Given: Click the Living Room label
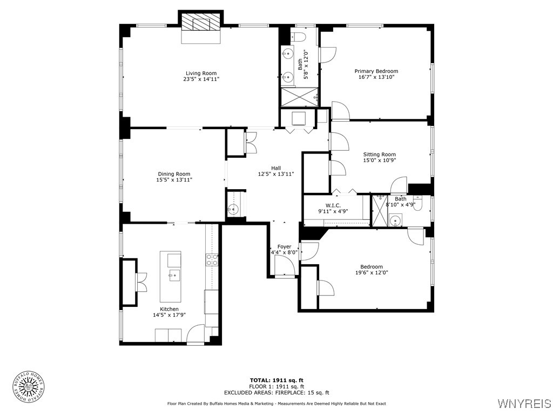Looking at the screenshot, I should tap(201, 73).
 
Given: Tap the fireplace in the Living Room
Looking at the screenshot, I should tap(201, 24).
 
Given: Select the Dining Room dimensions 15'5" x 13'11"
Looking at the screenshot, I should tap(174, 180).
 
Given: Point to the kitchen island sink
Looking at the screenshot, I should tap(174, 276).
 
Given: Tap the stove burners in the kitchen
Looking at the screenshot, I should tap(212, 260).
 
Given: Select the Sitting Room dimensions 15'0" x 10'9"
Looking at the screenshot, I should tap(379, 160).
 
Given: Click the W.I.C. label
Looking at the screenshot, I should tap(333, 205).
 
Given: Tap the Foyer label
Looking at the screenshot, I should tap(284, 246).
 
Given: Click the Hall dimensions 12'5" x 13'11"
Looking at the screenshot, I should tap(275, 174).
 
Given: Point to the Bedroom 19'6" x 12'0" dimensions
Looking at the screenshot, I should tap(372, 273).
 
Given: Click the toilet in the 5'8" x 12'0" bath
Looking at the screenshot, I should tap(298, 37).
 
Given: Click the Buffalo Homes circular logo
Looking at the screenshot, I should tap(28, 387).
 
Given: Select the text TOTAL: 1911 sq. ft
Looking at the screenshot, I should tap(276, 380).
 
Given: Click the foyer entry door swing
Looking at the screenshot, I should tap(284, 265).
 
